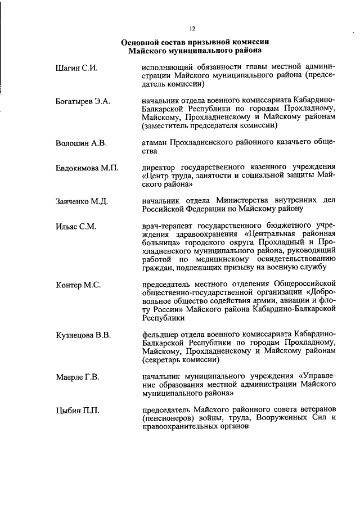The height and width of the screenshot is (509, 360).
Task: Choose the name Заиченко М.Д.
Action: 82,201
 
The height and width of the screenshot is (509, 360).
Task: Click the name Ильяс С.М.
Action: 76,227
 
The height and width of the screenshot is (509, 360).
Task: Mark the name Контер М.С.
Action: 78,285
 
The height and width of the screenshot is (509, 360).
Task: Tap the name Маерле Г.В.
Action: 78,377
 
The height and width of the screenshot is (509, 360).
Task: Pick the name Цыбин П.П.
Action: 77,410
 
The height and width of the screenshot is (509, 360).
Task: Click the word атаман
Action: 155,142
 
